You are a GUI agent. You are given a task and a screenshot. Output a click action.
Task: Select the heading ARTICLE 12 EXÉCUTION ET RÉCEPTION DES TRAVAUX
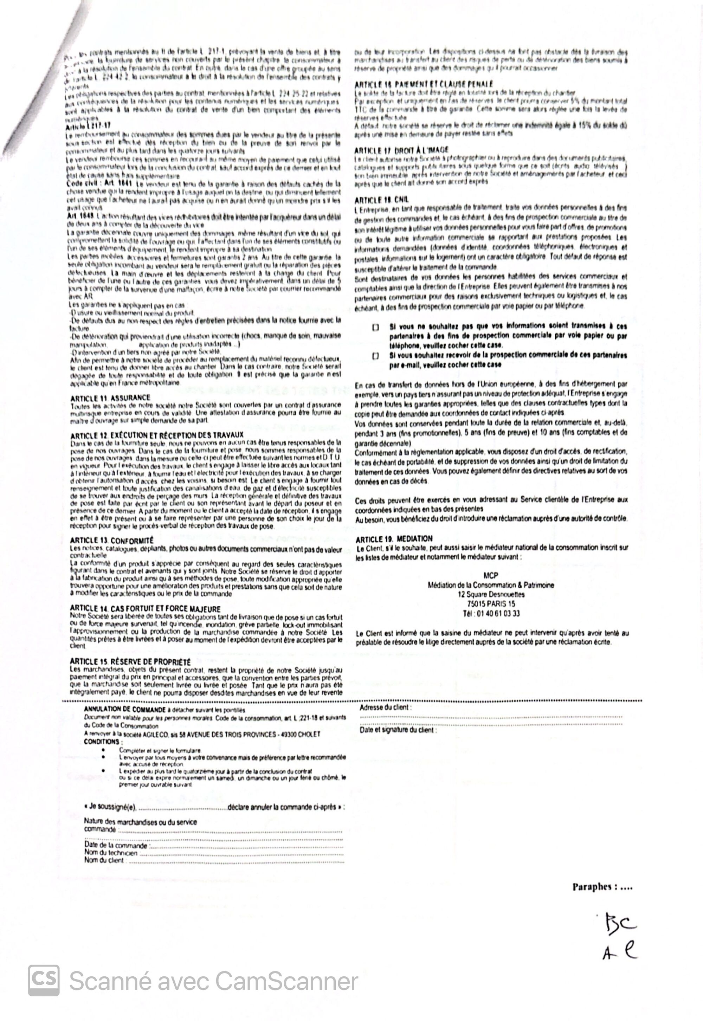click(x=157, y=435)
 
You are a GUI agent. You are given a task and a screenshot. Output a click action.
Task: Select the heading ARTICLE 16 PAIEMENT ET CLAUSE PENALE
click(x=424, y=84)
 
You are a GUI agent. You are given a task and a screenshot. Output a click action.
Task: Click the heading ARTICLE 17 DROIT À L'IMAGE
click(x=401, y=150)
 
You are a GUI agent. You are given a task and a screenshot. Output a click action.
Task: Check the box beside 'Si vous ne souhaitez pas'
click(x=376, y=328)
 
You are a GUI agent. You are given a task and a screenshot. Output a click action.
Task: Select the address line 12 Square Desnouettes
click(x=491, y=595)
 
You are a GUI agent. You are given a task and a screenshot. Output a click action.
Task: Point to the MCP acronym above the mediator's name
click(x=491, y=576)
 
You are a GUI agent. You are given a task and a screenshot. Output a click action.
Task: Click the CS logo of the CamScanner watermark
click(x=44, y=981)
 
